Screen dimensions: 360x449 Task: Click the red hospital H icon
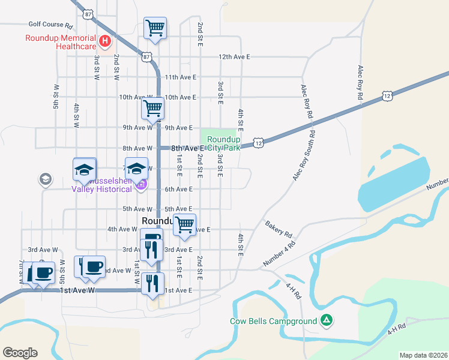pyautogui.click(x=105, y=41)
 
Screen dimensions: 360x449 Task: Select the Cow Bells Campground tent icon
pyautogui.click(x=326, y=321)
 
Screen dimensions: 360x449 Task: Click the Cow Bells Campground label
pyautogui.click(x=273, y=321)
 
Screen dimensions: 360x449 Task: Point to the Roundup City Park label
pyautogui.click(x=223, y=143)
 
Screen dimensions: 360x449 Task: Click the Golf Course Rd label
pyautogui.click(x=50, y=26)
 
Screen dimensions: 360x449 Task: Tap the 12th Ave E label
pyautogui.click(x=234, y=56)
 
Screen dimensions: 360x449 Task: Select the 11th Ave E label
pyautogui.click(x=181, y=77)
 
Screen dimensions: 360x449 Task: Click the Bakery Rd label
pyautogui.click(x=278, y=229)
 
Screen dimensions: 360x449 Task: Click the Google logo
pyautogui.click(x=20, y=353)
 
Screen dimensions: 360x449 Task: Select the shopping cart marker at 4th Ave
pyautogui.click(x=185, y=225)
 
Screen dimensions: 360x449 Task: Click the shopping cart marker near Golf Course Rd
pyautogui.click(x=155, y=28)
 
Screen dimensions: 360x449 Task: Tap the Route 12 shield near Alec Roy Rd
pyautogui.click(x=387, y=95)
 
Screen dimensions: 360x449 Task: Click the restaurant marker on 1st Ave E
pyautogui.click(x=154, y=283)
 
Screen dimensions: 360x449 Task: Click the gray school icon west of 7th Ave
pyautogui.click(x=45, y=179)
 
